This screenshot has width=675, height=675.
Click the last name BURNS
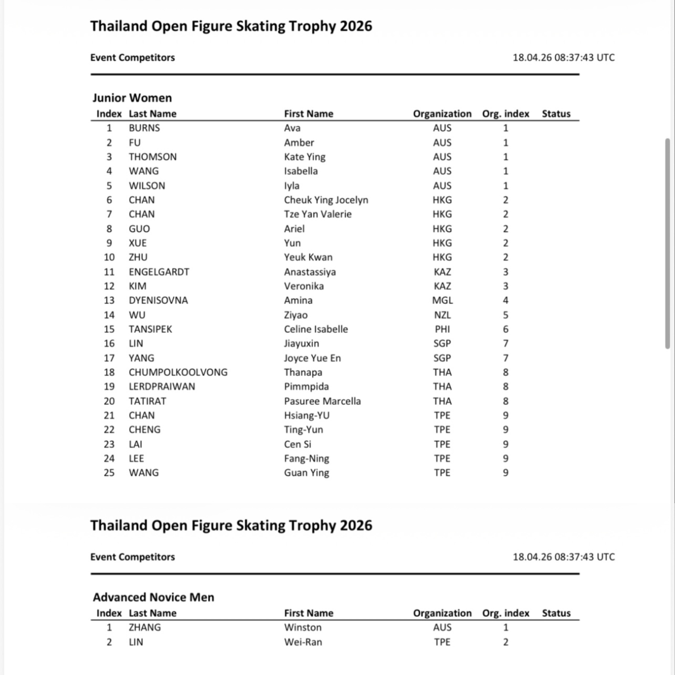tap(144, 128)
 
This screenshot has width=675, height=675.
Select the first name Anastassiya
tap(309, 272)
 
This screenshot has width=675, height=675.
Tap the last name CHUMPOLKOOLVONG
tap(178, 372)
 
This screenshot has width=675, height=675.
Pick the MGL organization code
tap(442, 300)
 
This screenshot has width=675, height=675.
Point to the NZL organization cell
tap(442, 315)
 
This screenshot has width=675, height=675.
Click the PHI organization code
tap(442, 329)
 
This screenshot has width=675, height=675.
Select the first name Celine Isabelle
tap(315, 329)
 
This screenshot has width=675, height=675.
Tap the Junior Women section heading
tap(132, 98)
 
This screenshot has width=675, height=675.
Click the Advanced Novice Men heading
tap(153, 597)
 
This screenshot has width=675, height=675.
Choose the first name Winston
tap(303, 628)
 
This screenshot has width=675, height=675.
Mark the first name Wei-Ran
tap(303, 642)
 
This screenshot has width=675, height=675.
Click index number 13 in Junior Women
tap(109, 300)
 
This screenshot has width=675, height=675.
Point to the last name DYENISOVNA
tap(158, 300)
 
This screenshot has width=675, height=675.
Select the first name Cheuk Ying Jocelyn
tap(326, 200)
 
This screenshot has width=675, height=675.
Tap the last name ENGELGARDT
tap(159, 272)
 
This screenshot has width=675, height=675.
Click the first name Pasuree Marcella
tap(322, 401)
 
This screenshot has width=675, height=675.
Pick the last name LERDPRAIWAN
tap(162, 387)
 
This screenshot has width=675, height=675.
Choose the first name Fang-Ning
tap(306, 459)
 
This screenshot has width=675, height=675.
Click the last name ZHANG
tap(145, 628)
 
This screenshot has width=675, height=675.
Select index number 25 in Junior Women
tap(109, 473)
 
